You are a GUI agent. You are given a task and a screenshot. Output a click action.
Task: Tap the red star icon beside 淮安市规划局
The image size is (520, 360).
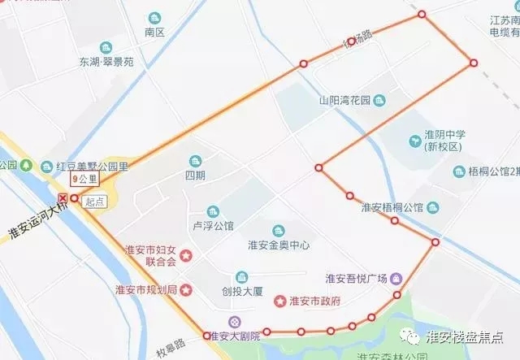(x=186, y=289)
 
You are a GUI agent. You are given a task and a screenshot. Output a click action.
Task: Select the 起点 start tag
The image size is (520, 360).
(x=94, y=202)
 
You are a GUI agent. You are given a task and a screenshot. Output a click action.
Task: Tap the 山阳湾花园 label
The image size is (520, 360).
(x=344, y=102)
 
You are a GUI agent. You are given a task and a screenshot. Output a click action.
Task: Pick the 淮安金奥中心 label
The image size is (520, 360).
(x=279, y=244)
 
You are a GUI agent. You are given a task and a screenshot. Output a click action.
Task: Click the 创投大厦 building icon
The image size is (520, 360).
(x=241, y=277)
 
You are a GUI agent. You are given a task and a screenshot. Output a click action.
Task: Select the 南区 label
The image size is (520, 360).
(x=154, y=33)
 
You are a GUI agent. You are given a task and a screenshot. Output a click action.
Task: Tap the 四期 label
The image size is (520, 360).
(x=195, y=175)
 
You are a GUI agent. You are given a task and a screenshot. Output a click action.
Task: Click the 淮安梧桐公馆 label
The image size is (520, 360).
(x=393, y=207)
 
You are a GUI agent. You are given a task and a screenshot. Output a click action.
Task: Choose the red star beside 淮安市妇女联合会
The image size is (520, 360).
(x=186, y=256)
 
